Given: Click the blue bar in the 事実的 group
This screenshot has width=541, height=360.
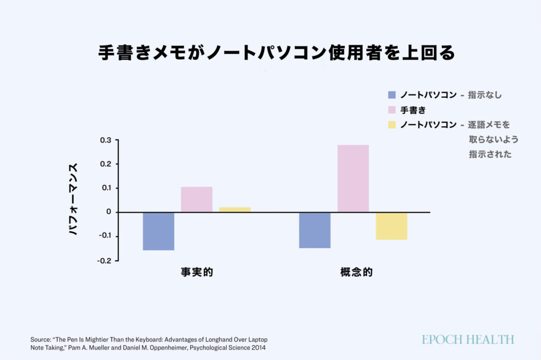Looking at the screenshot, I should (158, 231).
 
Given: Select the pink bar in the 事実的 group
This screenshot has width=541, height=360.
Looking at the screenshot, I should (197, 200).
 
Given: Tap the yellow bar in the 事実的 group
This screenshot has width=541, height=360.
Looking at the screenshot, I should (235, 210).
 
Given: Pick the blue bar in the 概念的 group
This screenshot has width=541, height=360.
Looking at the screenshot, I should (315, 230).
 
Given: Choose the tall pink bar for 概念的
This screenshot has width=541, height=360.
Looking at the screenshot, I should (353, 178).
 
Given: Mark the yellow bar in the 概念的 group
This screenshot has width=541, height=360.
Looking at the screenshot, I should (391, 226).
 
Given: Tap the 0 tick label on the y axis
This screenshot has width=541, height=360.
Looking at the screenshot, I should (108, 212).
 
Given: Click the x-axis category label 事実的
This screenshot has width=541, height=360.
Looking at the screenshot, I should (197, 273).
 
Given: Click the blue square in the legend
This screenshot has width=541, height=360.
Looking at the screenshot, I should (391, 95).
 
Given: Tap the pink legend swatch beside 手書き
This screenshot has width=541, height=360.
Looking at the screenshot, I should (391, 110).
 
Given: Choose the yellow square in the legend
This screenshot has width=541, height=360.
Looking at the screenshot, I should (391, 125).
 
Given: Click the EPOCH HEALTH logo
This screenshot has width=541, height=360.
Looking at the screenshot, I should (468, 339).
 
